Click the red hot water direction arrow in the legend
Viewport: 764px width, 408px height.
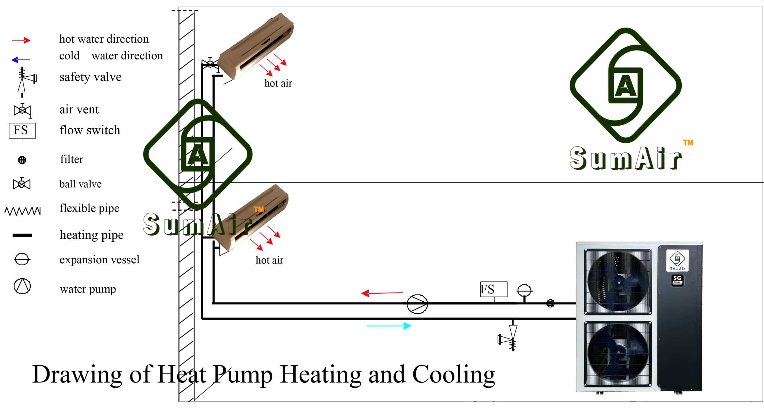point(21,40)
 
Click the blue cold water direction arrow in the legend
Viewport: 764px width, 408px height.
point(21,60)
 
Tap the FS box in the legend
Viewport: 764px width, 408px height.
point(22,130)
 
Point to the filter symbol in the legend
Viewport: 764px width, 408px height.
point(22,160)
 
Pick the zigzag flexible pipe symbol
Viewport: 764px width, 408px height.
point(23,211)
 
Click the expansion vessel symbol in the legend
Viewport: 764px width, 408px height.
point(22,259)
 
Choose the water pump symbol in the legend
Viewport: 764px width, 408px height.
point(22,286)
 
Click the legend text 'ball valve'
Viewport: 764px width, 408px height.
point(81,184)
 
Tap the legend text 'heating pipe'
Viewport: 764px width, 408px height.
point(92,235)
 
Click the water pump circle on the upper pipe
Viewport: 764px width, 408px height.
point(417,304)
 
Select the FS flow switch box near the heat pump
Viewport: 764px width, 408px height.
point(494,289)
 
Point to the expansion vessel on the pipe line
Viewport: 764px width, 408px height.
point(524,290)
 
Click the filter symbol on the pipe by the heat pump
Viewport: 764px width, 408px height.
point(550,304)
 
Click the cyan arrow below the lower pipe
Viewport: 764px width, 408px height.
point(389,326)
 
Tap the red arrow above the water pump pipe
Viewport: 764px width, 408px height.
point(382,293)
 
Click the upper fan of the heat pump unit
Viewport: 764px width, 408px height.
point(618,282)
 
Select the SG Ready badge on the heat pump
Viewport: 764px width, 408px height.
point(677,281)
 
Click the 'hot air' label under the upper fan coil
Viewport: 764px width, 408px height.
point(278,83)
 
